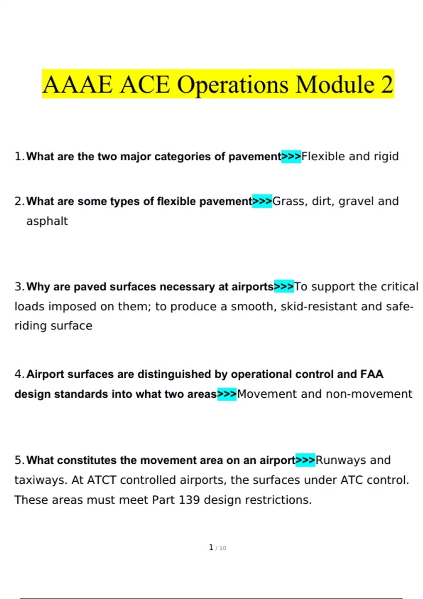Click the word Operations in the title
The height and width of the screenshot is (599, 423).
[232, 85]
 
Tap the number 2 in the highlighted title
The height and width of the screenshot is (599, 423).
[386, 84]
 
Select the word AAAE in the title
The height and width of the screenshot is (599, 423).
[78, 85]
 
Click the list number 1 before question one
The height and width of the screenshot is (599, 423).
[18, 156]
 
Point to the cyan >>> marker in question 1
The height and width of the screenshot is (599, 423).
[291, 156]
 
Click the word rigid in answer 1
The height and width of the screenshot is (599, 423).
[386, 156]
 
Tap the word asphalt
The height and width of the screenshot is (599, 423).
[47, 221]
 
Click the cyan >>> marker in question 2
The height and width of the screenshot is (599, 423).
[262, 201]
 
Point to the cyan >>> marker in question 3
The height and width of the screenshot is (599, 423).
[284, 287]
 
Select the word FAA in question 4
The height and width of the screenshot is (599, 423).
[372, 374]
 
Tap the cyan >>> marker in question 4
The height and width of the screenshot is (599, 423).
[227, 394]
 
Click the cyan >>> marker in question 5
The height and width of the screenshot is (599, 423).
[305, 460]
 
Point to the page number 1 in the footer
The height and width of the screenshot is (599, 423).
[211, 548]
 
